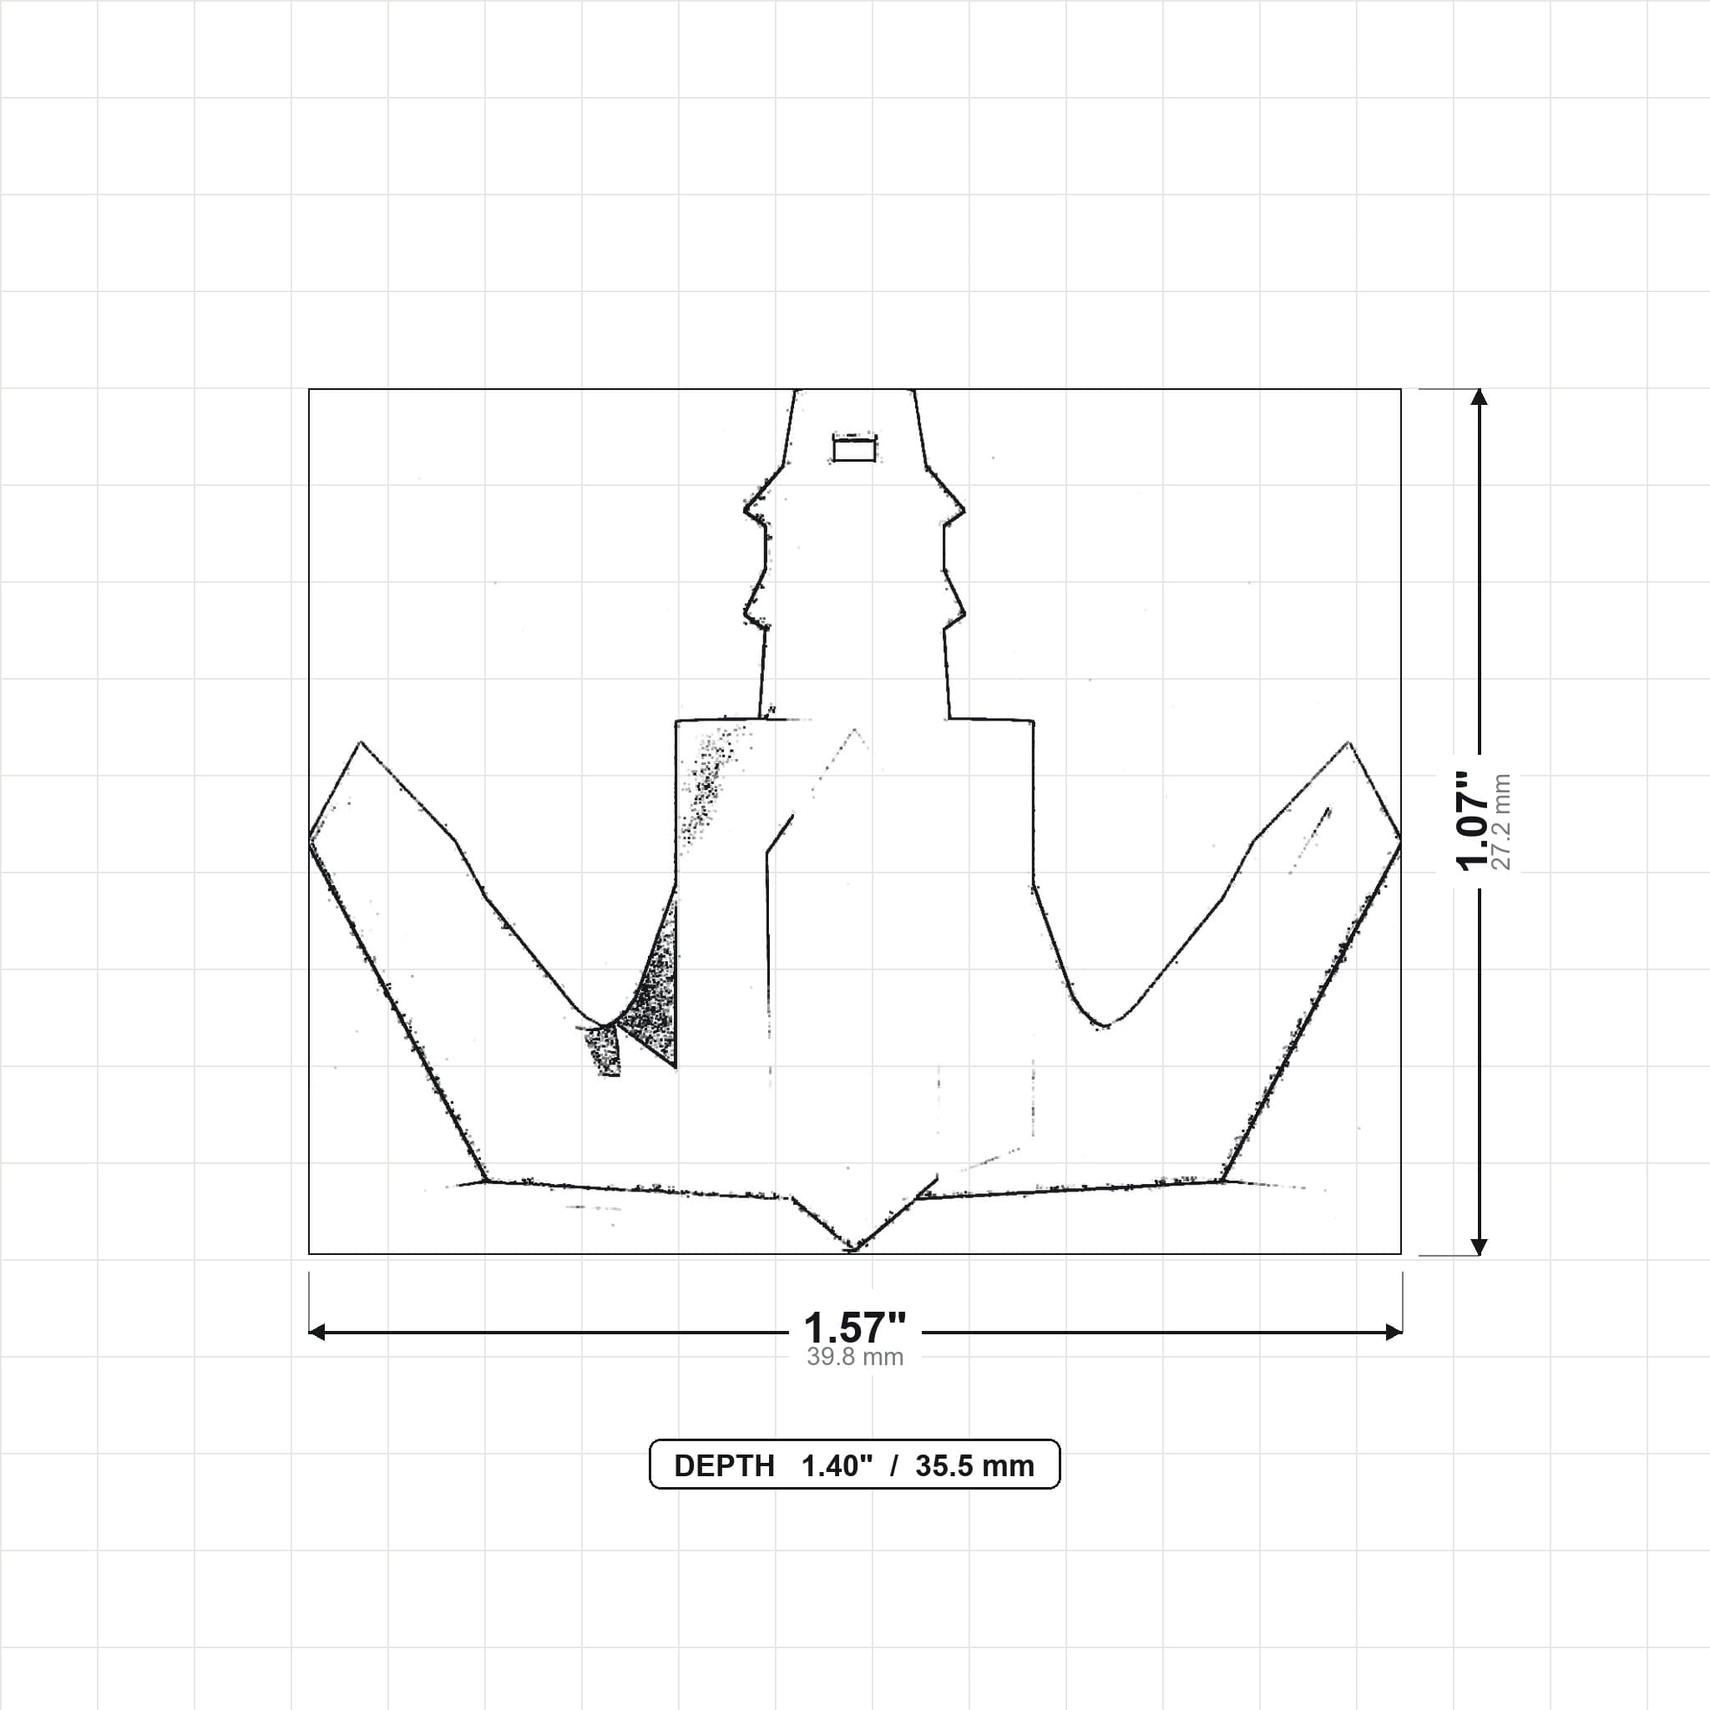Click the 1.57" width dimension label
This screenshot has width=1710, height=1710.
[854, 1328]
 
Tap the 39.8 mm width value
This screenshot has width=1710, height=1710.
[855, 1358]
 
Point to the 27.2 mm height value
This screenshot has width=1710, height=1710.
[1502, 822]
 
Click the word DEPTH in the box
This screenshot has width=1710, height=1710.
[724, 1466]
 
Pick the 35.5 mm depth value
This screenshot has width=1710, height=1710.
[974, 1466]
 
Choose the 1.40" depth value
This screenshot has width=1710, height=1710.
[837, 1466]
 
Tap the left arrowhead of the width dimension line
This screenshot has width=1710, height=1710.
[316, 1332]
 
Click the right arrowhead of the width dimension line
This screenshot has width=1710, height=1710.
[1394, 1332]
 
